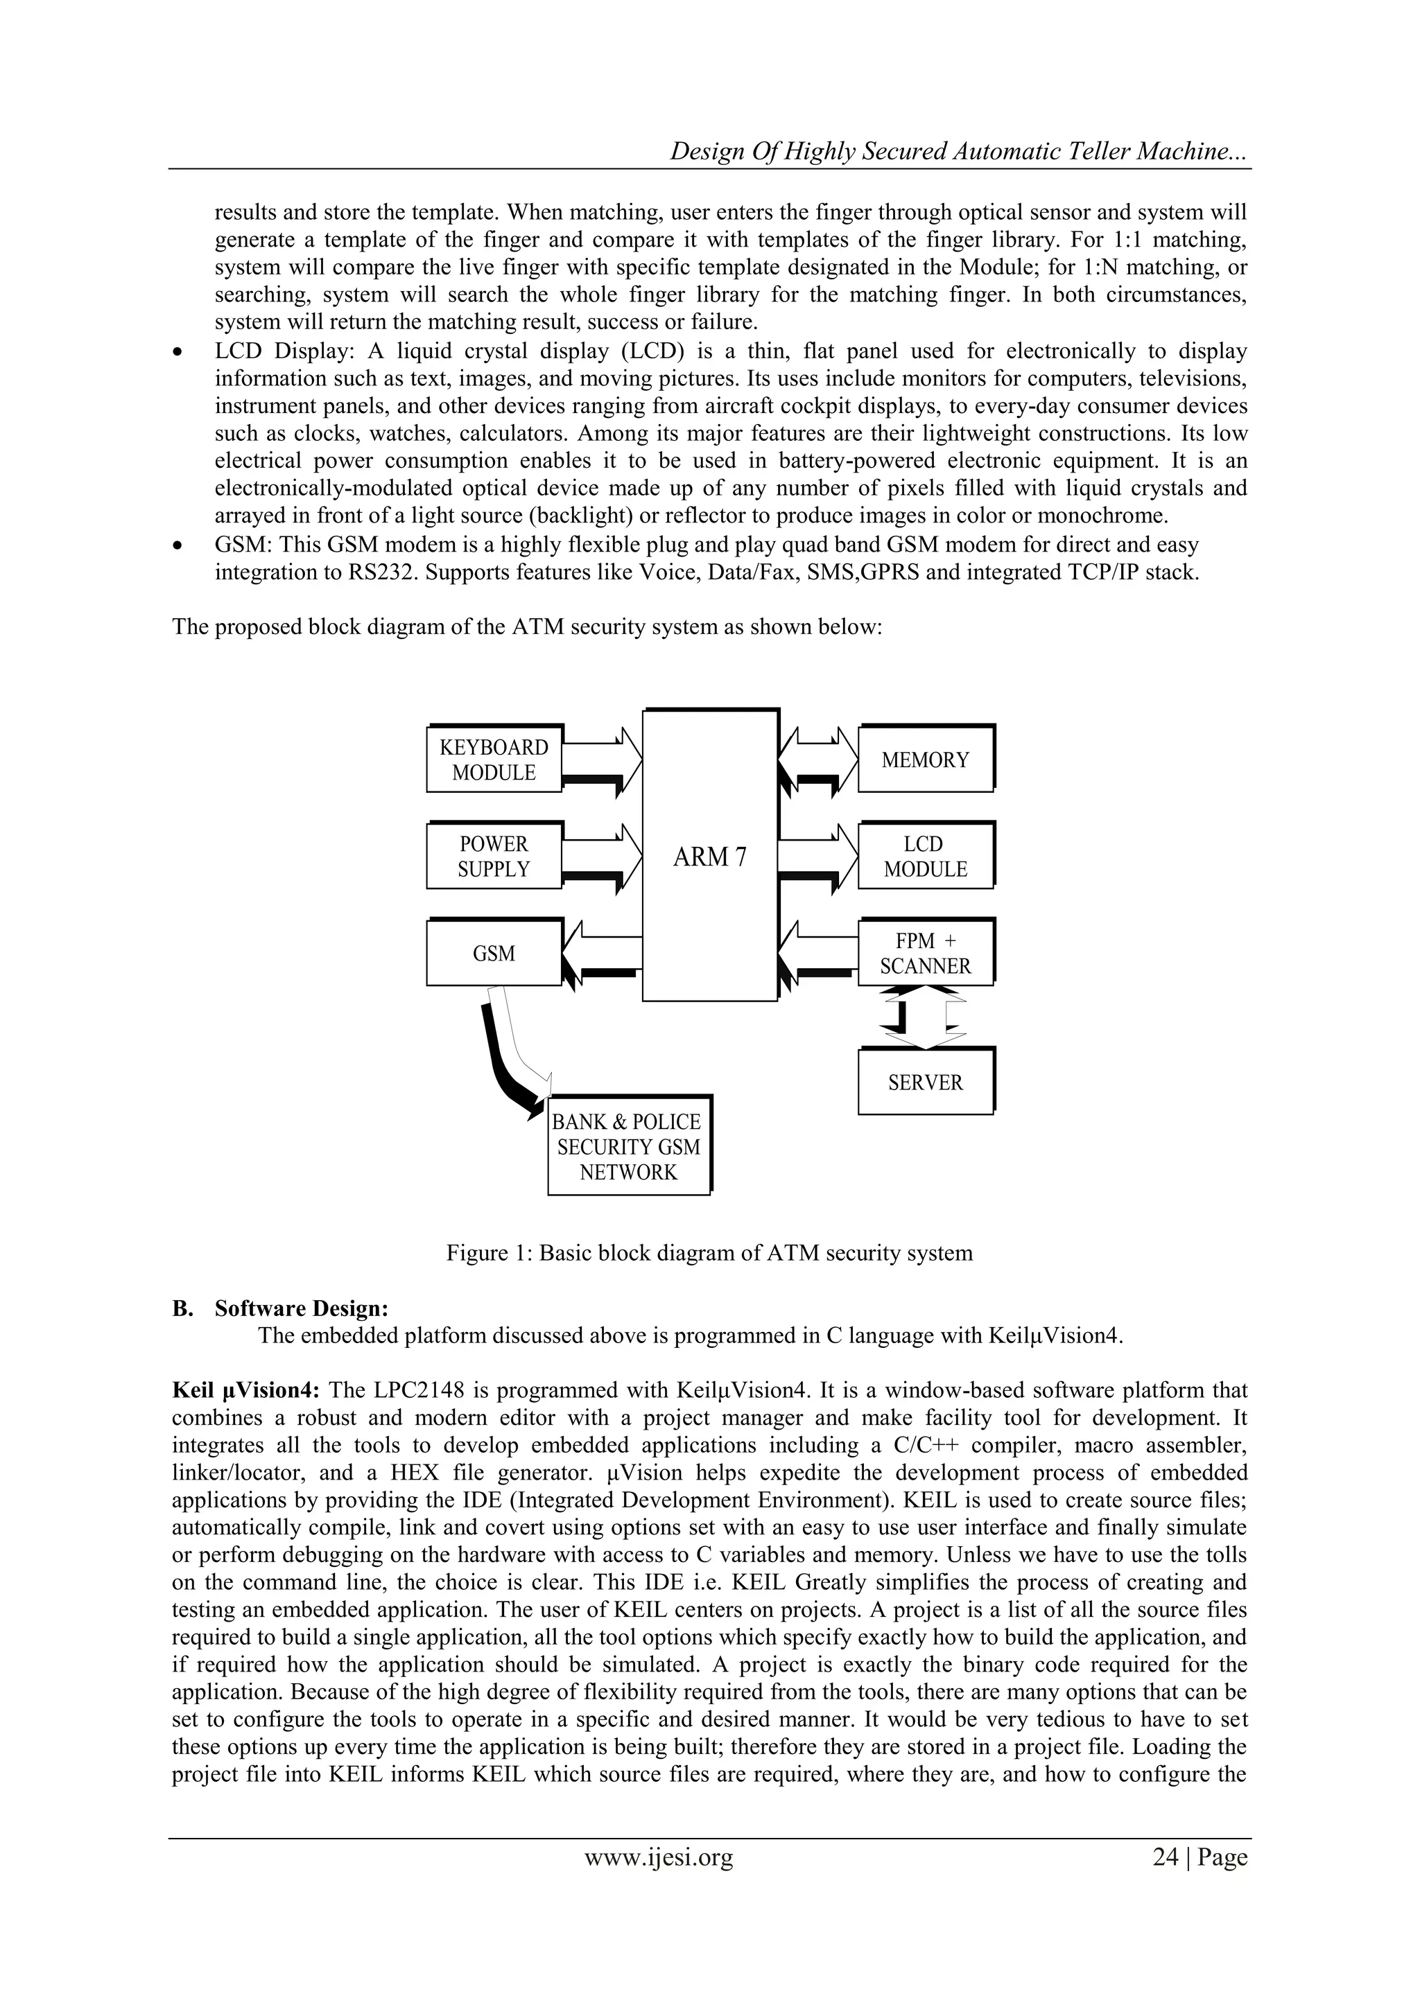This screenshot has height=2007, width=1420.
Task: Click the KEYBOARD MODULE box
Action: tap(494, 760)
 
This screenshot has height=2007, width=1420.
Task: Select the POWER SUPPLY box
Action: tap(494, 857)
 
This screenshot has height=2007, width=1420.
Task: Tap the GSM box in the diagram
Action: tap(494, 954)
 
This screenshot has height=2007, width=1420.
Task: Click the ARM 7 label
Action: tap(709, 857)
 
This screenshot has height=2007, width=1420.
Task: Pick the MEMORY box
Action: tap(925, 760)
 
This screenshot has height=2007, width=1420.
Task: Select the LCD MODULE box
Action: tap(925, 857)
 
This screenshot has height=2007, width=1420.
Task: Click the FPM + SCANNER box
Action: tap(925, 954)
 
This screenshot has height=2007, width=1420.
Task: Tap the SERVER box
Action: tap(925, 1083)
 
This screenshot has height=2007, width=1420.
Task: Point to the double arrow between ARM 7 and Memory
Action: tap(817, 760)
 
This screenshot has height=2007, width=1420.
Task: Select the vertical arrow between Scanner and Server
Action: tap(925, 1017)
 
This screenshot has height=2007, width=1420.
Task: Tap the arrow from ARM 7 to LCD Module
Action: tap(817, 857)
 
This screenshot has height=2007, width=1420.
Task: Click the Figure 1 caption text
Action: tap(709, 1252)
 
